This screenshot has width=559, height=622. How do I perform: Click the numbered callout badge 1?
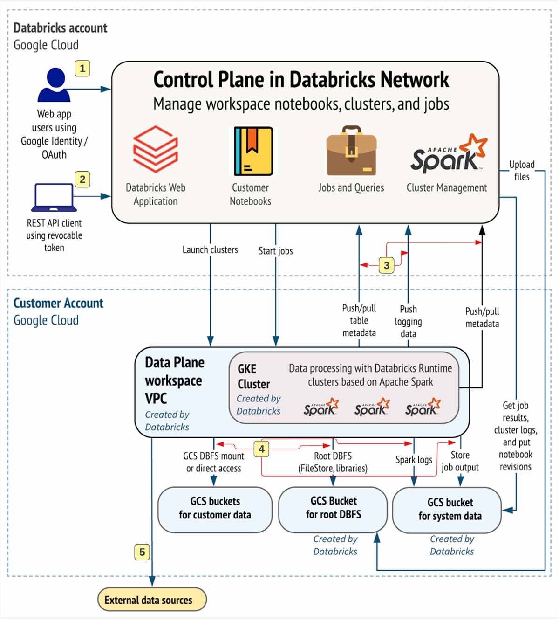[82, 69]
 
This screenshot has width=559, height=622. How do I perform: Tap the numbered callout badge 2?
[82, 179]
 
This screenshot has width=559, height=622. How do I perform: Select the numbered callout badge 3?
[386, 265]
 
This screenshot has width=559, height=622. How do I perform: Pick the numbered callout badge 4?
[262, 449]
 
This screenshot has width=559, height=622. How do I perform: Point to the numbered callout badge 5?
[142, 552]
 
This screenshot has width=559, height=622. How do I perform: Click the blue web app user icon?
[55, 85]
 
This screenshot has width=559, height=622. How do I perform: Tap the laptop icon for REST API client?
[54, 198]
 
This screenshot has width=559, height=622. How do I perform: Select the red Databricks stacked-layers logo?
[156, 150]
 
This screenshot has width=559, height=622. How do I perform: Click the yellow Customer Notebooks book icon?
[253, 151]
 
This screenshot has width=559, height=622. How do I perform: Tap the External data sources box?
[152, 600]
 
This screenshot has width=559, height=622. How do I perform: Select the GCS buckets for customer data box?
[215, 510]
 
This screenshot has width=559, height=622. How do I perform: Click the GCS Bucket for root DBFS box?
[333, 509]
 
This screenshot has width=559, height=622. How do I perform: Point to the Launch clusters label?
[210, 250]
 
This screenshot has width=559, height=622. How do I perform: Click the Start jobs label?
[275, 251]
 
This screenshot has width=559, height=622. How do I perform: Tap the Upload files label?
[522, 171]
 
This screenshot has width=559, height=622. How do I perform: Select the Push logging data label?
[408, 321]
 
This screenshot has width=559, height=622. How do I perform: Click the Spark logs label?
[414, 460]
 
